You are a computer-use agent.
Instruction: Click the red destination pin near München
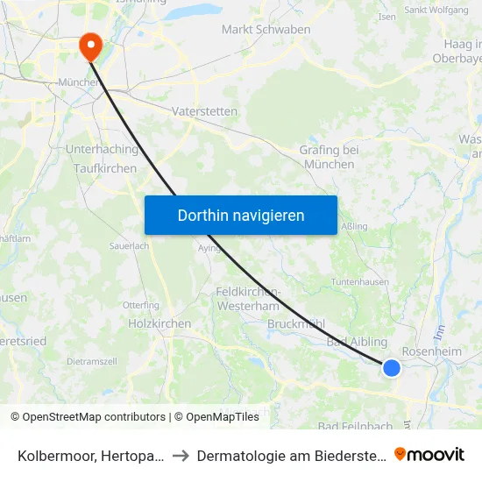coord(90,45)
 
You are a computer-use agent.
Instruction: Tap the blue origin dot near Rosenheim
coord(392,368)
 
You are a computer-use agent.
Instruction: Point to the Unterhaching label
coord(102,150)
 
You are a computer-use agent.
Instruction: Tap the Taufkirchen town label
coord(105,168)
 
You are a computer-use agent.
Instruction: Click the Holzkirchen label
coord(159,323)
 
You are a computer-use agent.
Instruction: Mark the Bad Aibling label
coord(357,342)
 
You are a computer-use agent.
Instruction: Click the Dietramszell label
coord(91,361)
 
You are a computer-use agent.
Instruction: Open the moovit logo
coord(429,454)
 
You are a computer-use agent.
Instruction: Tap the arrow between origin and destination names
coord(179,455)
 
